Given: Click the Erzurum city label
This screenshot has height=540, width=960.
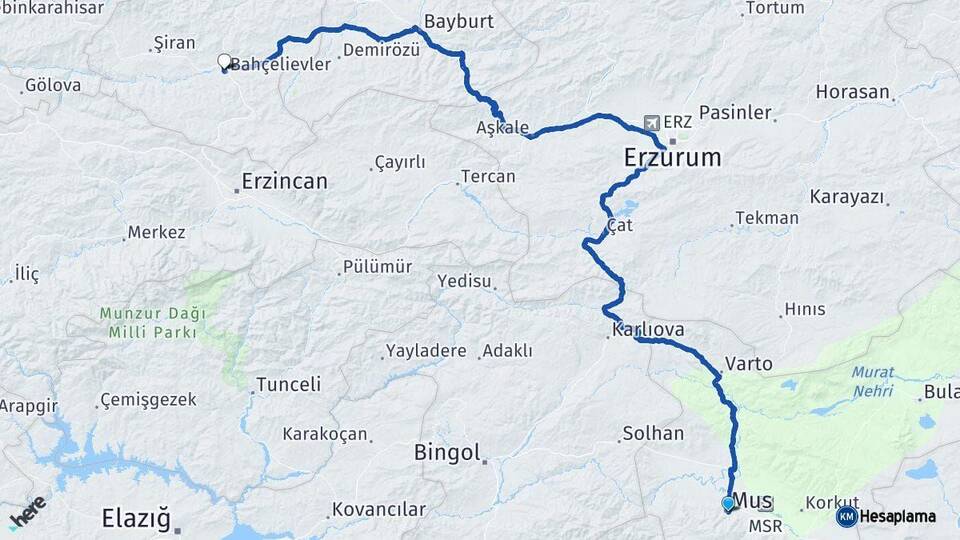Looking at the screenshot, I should (672, 157).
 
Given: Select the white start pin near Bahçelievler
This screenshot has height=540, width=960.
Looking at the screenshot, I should (224, 62).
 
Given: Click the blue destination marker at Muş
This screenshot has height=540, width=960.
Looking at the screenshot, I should (728, 504).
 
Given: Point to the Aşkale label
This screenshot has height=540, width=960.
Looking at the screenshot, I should (501, 128).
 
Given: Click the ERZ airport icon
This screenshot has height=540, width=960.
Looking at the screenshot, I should (653, 122).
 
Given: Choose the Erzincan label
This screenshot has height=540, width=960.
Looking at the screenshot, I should (285, 182).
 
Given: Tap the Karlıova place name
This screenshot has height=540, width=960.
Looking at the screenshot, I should (647, 328).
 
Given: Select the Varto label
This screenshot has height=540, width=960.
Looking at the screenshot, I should (748, 364).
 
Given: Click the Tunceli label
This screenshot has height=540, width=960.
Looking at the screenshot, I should (288, 384).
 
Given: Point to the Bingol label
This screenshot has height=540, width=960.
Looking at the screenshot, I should (448, 453).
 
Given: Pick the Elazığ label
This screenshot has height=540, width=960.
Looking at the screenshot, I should (135, 518).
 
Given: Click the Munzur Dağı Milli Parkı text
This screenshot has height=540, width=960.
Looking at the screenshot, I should (147, 322).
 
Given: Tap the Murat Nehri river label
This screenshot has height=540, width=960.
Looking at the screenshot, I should (872, 381).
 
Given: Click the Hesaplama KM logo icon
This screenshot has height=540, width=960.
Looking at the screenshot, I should (847, 516).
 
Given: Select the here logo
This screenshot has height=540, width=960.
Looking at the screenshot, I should (27, 512).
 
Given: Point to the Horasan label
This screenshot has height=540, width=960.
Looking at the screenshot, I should (852, 92).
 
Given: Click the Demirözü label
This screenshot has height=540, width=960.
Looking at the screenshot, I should (380, 50).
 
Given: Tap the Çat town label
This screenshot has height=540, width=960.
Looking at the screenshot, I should (621, 225).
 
